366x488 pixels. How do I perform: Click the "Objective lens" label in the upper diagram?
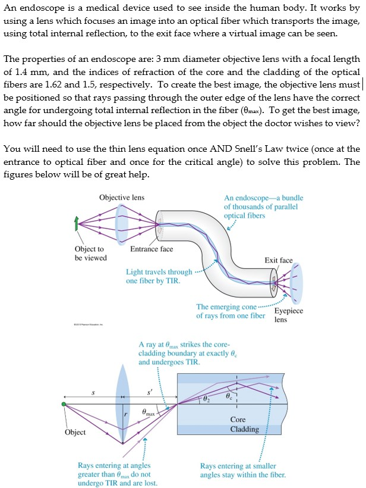[122, 197]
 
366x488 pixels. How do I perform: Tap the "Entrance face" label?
[152, 249]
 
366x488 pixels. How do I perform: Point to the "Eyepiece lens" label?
[288, 315]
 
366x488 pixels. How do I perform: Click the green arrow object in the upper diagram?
[75, 224]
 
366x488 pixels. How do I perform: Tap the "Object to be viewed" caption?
[90, 254]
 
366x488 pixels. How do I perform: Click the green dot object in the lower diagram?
[64, 405]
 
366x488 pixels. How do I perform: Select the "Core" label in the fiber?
[238, 420]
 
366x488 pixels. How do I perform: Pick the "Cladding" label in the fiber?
[244, 429]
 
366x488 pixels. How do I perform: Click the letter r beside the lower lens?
[126, 413]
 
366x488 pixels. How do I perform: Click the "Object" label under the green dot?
[75, 432]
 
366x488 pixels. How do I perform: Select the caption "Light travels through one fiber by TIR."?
[159, 277]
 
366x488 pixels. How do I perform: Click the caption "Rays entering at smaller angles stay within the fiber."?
[242, 470]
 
